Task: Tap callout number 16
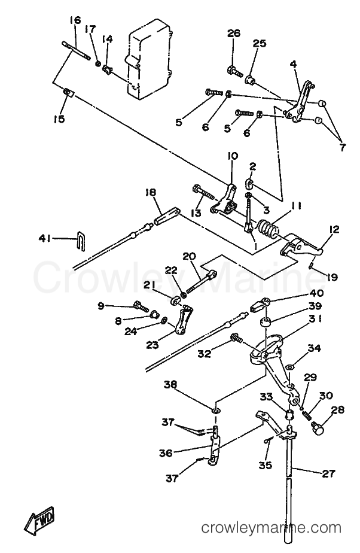(75, 20)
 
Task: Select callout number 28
(338, 410)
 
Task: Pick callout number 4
(294, 64)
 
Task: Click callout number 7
(343, 147)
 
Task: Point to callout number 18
(150, 192)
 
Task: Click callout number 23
(152, 345)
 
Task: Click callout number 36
(166, 453)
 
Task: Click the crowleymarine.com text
(271, 528)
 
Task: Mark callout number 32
(204, 353)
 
